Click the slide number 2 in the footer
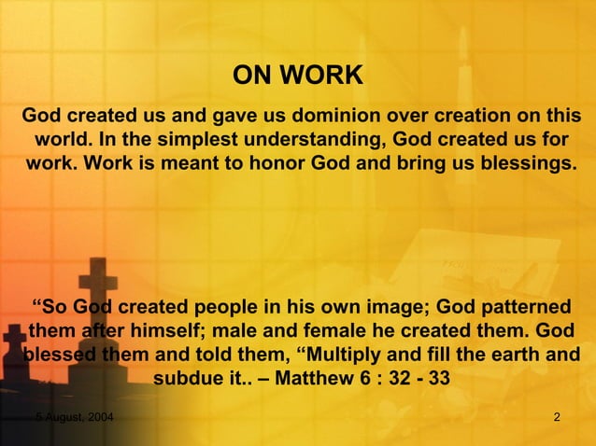pyautogui.click(x=557, y=415)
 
